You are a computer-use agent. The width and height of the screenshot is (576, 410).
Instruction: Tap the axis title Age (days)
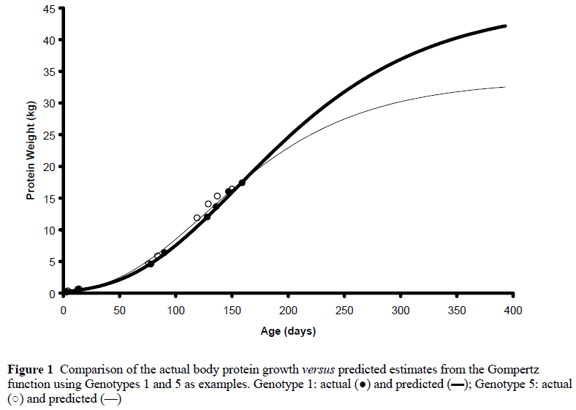pyautogui.click(x=288, y=331)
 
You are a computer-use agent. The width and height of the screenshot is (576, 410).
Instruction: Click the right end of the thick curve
pyautogui.click(x=505, y=26)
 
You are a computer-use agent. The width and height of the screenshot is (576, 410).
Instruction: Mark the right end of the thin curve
pyautogui.click(x=505, y=87)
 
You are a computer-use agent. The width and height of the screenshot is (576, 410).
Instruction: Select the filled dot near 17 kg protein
pyautogui.click(x=242, y=183)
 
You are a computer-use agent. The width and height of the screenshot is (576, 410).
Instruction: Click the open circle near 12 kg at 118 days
pyautogui.click(x=197, y=218)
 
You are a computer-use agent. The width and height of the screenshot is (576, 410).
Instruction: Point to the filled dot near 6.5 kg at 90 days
pyautogui.click(x=164, y=252)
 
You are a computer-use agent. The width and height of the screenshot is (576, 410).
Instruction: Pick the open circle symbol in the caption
pyautogui.click(x=12, y=399)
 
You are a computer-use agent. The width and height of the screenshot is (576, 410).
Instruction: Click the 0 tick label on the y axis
pyautogui.click(x=53, y=293)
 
